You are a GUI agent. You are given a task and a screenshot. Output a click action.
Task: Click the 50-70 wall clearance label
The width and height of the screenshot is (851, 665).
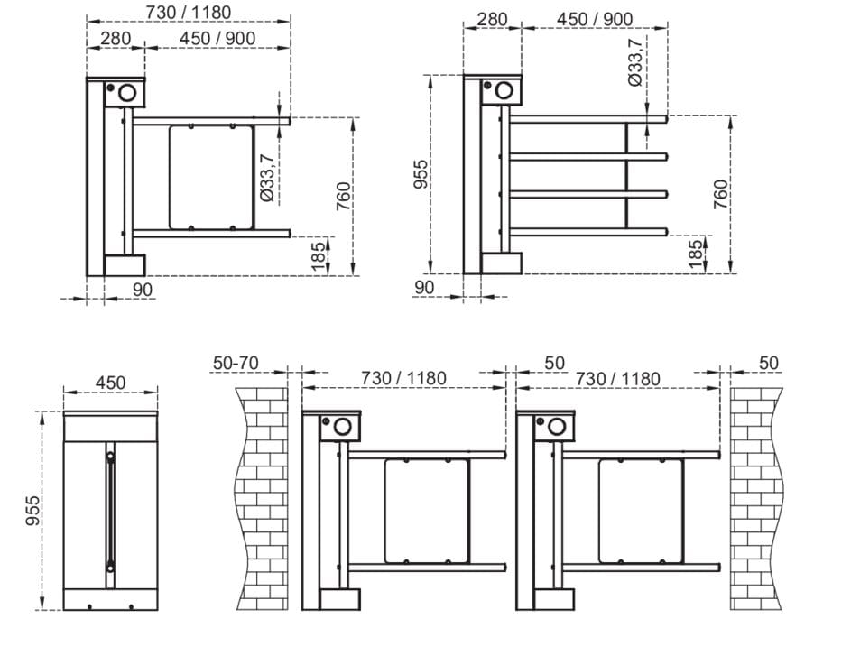click(236, 363)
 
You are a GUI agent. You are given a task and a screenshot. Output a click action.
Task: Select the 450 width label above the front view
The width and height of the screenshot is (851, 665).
click(111, 383)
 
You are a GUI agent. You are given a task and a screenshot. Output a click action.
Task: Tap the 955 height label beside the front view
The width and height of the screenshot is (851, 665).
click(33, 511)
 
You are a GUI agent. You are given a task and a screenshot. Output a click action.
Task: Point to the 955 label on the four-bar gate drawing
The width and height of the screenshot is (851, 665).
click(421, 174)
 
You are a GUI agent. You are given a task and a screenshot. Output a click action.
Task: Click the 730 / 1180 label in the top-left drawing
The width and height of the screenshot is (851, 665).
click(189, 12)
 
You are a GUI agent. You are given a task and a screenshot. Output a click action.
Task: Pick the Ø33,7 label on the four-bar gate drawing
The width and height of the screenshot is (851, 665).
click(635, 62)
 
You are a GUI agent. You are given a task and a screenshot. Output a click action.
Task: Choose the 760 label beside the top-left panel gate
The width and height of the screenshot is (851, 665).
click(344, 197)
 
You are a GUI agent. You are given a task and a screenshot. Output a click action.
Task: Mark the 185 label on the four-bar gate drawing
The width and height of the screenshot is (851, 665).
click(695, 254)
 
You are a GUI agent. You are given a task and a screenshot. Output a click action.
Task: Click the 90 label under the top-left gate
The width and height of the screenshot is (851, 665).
click(143, 290)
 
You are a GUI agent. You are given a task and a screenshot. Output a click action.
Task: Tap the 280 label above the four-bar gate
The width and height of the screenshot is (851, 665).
click(492, 19)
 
